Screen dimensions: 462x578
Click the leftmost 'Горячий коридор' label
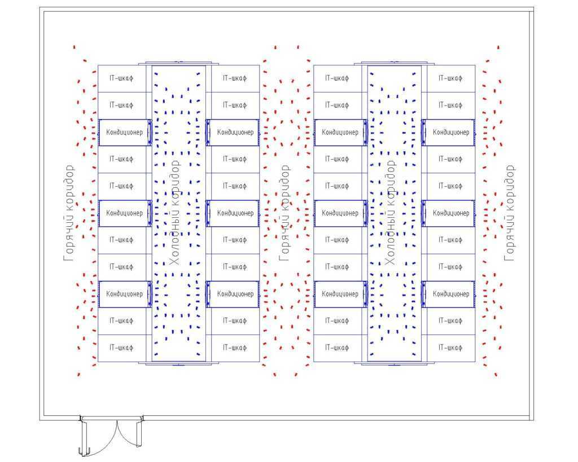coord(68,213)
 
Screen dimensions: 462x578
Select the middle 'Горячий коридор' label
coord(284,213)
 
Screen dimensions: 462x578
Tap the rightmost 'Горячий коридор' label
coord(509,213)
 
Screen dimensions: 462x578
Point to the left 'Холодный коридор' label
coord(174,213)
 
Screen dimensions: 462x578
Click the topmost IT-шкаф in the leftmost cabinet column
coord(122,78)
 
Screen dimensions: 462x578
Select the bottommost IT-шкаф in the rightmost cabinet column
coord(450,348)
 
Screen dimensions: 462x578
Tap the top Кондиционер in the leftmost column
coord(124,133)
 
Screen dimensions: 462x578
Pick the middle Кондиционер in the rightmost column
coord(450,213)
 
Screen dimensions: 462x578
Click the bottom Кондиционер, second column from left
coord(235,294)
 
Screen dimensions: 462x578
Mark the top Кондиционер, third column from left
coord(340,133)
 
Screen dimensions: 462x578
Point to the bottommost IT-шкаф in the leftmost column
coord(122,348)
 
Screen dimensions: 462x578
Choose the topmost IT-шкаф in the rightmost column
coord(450,78)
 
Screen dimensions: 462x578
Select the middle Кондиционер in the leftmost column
coord(124,213)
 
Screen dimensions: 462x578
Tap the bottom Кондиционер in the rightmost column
coord(450,294)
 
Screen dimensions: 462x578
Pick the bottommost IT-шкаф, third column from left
coord(337,348)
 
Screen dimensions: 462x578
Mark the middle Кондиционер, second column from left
coord(235,213)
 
